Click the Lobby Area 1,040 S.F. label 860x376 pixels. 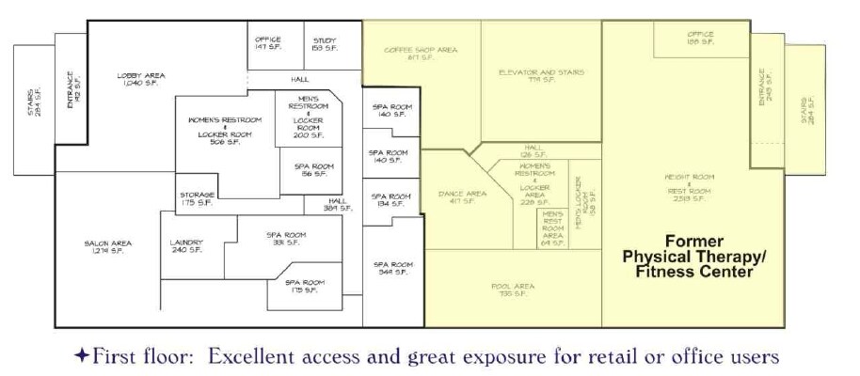coord(141,80)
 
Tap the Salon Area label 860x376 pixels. coord(107,247)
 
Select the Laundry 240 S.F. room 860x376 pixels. coord(185,246)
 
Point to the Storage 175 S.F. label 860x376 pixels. coord(197,198)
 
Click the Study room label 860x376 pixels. coord(325,43)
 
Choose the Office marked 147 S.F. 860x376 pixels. coord(268,43)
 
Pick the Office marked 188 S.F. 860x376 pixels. coord(700,39)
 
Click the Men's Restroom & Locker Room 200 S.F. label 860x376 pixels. coord(309,117)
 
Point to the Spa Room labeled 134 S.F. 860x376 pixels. coord(388,200)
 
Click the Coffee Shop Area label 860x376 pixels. coord(420,54)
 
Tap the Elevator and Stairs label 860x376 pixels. coord(540,75)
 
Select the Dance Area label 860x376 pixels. coord(462,197)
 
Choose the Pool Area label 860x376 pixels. coord(513,290)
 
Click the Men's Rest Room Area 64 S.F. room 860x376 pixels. coord(552,228)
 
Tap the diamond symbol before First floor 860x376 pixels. coord(83,356)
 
